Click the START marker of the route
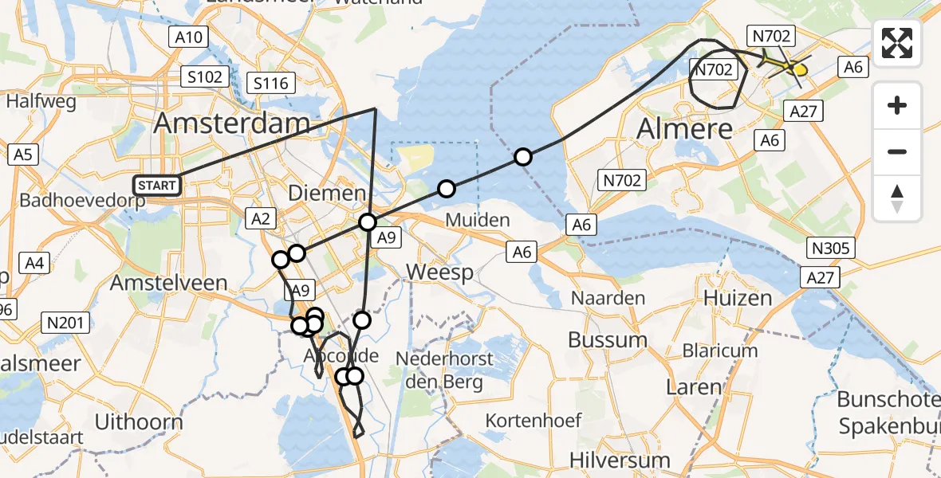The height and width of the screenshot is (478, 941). tap(157, 186)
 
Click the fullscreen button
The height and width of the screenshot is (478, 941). tap(897, 43)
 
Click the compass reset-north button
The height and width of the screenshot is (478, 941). tap(897, 198)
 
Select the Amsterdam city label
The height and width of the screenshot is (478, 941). tap(232, 123)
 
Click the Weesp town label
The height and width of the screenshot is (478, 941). tap(440, 272)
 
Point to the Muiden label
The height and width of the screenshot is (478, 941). tap(477, 219)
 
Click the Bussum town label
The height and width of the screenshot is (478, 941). tap(608, 339)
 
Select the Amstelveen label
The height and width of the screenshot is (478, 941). tap(168, 283)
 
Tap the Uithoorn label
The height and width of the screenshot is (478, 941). tap(139, 421)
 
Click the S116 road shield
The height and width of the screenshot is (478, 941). tap(271, 83)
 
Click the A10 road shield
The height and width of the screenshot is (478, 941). tap(188, 37)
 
